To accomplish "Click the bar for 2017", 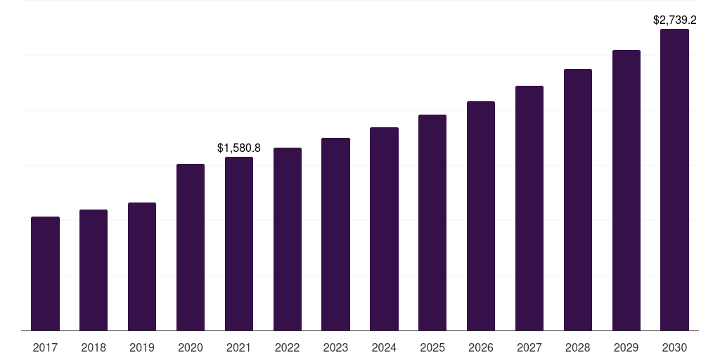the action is [46, 274].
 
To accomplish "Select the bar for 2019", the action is [142, 266].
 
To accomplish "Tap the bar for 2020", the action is [191, 247].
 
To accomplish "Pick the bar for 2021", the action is [239, 244].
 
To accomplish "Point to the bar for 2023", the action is [335, 234].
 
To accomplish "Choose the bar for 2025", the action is [432, 223].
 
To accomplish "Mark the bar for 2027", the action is [529, 208].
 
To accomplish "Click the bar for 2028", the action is [578, 200].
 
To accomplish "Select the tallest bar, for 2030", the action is [674, 179].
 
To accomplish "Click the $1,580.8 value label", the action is [239, 148].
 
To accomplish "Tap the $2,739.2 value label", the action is [674, 20].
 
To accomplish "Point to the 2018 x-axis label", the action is [94, 348].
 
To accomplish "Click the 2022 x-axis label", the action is [288, 348].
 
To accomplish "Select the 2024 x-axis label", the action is [385, 348].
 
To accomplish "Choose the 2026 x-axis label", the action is [481, 348].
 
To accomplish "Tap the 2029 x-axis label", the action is [626, 348].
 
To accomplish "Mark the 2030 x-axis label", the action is [674, 348].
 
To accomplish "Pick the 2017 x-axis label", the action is [46, 348].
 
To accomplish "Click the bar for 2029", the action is [626, 190].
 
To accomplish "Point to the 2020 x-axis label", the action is [191, 348].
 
